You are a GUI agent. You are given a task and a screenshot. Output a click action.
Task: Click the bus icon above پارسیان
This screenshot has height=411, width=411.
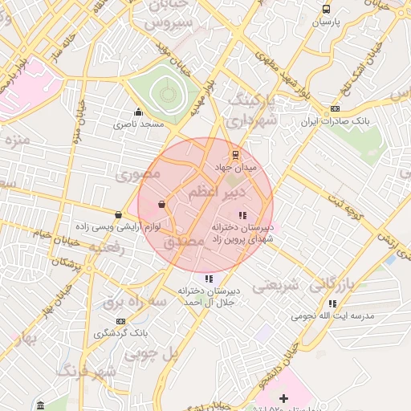[325, 10]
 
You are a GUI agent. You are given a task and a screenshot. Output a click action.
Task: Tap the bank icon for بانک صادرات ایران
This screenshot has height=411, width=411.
[335, 109]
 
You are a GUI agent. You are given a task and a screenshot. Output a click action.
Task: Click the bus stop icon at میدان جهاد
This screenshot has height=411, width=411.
[235, 154]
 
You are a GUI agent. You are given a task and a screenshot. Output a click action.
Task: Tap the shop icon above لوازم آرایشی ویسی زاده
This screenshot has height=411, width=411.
[119, 214]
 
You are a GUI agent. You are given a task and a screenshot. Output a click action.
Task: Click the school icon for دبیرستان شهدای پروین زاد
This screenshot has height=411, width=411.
[242, 214]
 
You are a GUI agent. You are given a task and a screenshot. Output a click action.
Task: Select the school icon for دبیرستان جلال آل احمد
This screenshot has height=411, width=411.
[209, 279]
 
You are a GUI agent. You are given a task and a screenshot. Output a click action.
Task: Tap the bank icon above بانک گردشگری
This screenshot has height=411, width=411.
[120, 321]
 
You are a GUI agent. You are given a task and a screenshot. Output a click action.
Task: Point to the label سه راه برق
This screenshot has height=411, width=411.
[134, 303]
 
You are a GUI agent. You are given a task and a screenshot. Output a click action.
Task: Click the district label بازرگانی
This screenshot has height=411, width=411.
[332, 284]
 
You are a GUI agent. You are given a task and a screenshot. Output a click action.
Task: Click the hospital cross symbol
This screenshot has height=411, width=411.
[283, 398]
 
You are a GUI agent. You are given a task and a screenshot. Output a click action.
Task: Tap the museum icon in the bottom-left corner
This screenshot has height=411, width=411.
[40, 402]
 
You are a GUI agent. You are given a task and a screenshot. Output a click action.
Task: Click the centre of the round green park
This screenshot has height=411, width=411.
[168, 94]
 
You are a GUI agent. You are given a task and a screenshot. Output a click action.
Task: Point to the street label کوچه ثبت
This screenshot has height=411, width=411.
[353, 208]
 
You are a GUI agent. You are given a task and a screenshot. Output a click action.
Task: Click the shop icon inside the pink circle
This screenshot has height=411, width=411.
[162, 205]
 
